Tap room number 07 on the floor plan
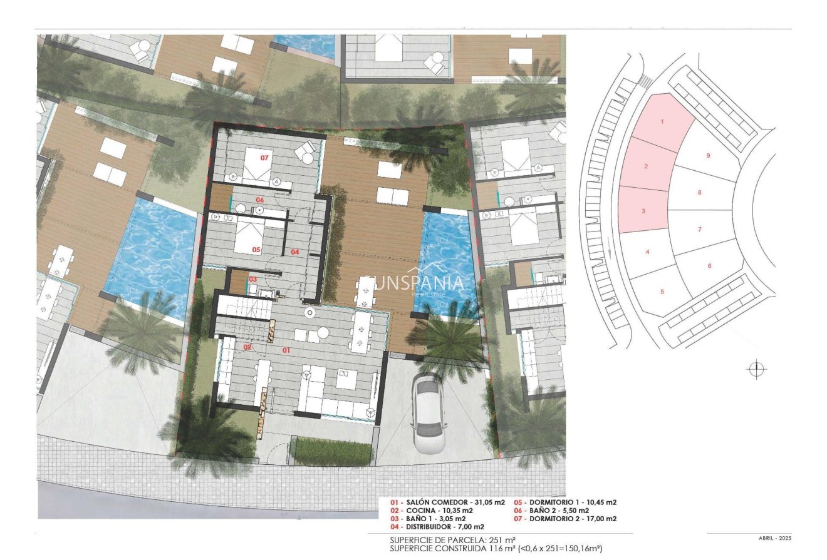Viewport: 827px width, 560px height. click(264, 158)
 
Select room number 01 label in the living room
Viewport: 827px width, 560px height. click(286, 351)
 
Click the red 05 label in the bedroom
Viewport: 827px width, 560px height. click(256, 249)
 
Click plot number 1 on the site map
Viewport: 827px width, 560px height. click(662, 121)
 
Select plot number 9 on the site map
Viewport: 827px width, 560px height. click(708, 155)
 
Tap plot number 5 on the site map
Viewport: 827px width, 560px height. click(662, 292)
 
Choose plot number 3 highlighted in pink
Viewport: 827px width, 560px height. click(643, 211)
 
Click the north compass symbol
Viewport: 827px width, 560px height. click(757, 369)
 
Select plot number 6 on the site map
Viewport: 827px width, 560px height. click(709, 266)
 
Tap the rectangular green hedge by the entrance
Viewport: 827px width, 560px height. click(328, 451)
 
